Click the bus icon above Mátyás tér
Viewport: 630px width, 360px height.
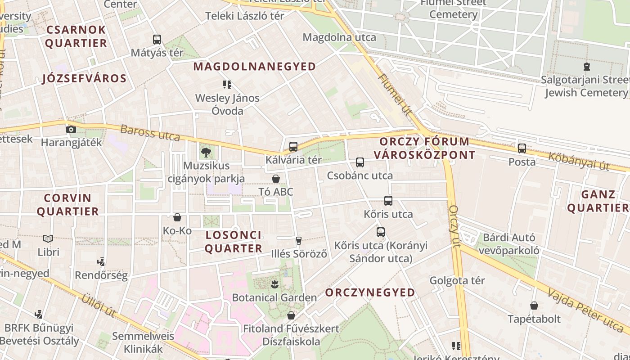tap(157, 40)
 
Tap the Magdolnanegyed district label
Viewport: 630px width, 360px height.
tap(255, 67)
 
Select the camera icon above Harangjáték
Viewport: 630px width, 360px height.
tap(71, 130)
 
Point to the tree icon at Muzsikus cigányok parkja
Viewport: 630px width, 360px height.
tap(206, 152)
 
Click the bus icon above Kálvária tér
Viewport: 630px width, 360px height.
tap(293, 146)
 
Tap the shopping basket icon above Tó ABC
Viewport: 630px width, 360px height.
tap(276, 179)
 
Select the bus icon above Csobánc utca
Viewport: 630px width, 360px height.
tap(360, 162)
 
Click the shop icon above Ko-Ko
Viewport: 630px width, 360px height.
tap(177, 218)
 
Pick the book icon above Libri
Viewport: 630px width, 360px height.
tap(48, 239)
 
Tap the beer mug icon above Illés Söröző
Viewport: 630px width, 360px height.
tap(299, 241)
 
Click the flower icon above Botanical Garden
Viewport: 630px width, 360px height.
tap(274, 284)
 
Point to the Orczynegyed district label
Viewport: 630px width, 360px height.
tap(370, 292)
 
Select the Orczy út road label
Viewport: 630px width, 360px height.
tap(454, 226)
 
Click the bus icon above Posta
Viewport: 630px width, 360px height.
tap(522, 148)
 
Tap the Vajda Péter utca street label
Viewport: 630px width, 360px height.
tap(585, 311)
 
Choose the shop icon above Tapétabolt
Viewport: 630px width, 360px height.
tap(534, 306)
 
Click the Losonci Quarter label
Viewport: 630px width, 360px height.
tap(233, 242)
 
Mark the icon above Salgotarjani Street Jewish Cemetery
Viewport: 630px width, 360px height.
tap(586, 67)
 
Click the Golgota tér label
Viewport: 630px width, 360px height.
tap(457, 280)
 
